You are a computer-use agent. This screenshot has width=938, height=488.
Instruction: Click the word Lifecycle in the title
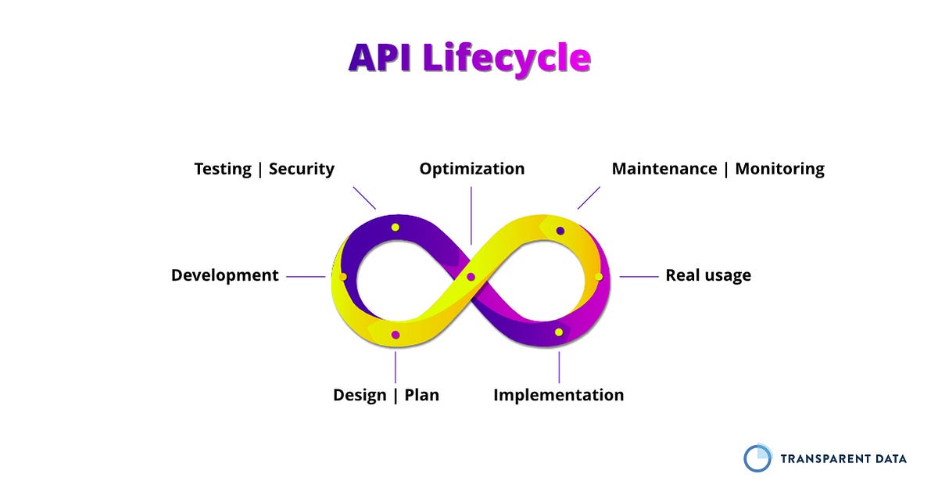(x=506, y=59)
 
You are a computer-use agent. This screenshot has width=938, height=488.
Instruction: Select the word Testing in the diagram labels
(x=223, y=169)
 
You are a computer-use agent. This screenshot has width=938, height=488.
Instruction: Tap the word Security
(x=302, y=169)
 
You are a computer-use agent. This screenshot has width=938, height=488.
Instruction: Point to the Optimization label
(x=471, y=169)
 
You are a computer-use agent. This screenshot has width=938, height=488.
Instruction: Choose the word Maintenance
(x=664, y=169)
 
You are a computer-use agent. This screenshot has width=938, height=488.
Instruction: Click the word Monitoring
(x=779, y=169)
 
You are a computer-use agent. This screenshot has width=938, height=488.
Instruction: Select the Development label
(x=224, y=275)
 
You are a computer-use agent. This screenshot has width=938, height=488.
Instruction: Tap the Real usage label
(x=707, y=275)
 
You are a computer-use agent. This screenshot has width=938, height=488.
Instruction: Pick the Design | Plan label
(x=386, y=395)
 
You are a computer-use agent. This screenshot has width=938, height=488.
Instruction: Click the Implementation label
(x=558, y=395)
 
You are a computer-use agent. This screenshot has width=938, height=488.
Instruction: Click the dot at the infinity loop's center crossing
(x=471, y=277)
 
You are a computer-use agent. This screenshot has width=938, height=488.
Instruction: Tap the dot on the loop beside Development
(x=343, y=277)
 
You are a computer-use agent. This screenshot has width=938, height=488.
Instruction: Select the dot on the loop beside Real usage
(x=599, y=277)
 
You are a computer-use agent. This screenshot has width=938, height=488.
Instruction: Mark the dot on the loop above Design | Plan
(x=396, y=335)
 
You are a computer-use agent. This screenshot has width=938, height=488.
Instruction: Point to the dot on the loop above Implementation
(x=559, y=332)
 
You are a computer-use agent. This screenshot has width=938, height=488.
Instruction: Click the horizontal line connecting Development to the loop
(x=305, y=276)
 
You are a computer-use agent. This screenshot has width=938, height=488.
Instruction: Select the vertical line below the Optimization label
(x=471, y=215)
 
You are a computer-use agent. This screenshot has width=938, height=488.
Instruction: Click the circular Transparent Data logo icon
(x=757, y=458)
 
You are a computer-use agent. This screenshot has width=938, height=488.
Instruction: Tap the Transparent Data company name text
(x=843, y=459)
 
